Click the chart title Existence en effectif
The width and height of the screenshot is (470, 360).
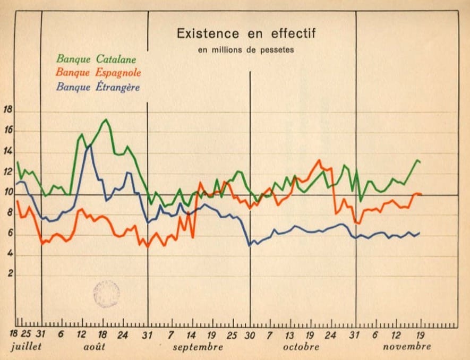tap(246, 33)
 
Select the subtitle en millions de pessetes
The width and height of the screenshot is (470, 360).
tap(246, 50)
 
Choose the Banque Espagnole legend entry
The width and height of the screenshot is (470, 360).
tap(98, 72)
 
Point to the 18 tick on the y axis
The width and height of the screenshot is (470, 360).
tap(8, 110)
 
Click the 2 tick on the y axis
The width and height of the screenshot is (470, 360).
tap(9, 276)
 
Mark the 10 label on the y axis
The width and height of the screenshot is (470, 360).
tap(8, 193)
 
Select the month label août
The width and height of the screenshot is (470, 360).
tap(93, 347)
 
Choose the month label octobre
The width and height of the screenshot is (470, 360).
tap(301, 347)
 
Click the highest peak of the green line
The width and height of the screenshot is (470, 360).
tap(106, 119)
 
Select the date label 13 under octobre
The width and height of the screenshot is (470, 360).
tap(289, 335)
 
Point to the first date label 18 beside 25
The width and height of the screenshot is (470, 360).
tap(14, 335)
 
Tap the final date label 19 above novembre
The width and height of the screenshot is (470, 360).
tap(420, 335)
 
